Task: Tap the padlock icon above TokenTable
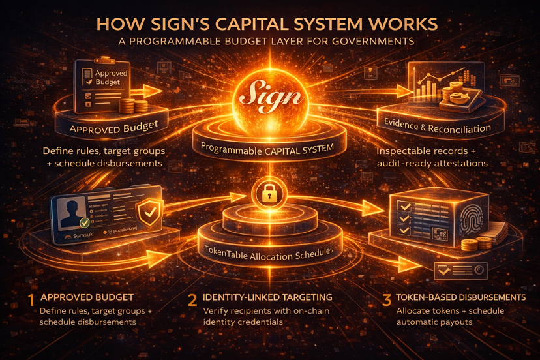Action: (269, 193)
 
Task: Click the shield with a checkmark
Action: (149, 213)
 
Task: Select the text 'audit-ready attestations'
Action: (432, 163)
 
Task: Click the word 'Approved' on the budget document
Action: (112, 74)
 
